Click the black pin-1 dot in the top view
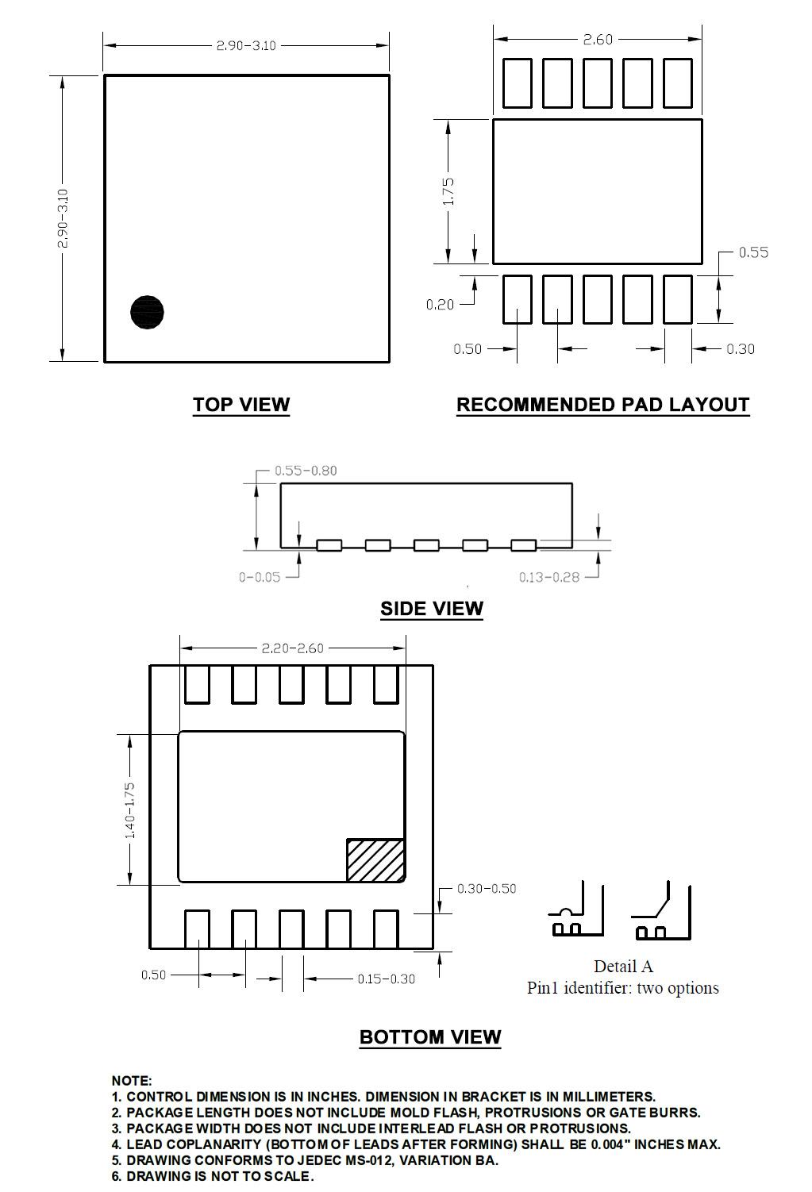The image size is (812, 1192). point(147,312)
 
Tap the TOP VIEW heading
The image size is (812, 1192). point(241,405)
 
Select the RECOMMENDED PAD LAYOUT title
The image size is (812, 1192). point(602,405)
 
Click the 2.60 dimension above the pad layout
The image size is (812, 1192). point(598,39)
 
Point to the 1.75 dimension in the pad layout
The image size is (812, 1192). point(448,192)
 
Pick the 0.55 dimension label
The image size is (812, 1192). point(753,252)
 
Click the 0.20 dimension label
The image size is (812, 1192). point(440,304)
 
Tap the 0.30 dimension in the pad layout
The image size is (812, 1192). point(740,348)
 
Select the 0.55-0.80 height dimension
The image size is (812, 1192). point(306,471)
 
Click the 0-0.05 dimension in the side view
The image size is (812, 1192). point(260,577)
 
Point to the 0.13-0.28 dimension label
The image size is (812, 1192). point(549,577)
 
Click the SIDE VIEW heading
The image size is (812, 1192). point(432,609)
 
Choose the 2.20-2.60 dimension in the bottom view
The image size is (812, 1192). point(292,648)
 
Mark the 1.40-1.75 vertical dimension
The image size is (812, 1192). point(130,809)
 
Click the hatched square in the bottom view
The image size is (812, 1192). point(375,859)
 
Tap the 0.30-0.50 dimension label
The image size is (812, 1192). point(486,888)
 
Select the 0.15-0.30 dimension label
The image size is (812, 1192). point(386,979)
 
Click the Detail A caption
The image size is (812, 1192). point(623,966)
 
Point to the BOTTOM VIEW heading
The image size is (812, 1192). point(430,1037)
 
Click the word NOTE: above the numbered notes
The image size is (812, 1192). point(132,1080)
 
